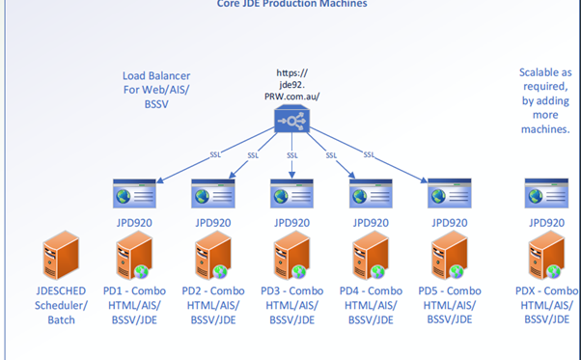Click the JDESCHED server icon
60,259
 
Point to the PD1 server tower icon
136,259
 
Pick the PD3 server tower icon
293,259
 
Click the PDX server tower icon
545,259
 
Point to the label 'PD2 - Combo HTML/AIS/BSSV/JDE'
214,304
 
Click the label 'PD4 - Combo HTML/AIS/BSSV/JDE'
372,304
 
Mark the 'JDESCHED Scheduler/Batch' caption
61,304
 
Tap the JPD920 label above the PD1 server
135,221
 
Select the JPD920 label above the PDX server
545,221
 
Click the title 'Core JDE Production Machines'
291,4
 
